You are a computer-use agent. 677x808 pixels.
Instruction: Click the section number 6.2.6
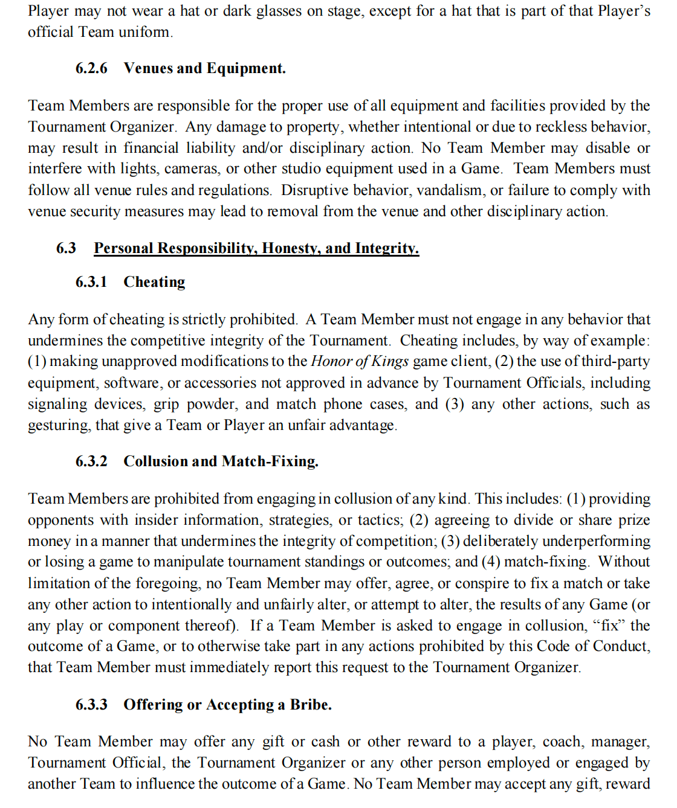(91, 68)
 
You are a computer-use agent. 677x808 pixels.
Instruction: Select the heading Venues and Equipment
(204, 68)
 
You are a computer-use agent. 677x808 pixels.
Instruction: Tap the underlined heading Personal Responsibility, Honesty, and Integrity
(256, 248)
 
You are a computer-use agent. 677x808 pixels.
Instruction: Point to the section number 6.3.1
(91, 282)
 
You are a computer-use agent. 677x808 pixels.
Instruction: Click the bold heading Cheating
(154, 282)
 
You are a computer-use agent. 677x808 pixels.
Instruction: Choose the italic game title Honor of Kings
(360, 361)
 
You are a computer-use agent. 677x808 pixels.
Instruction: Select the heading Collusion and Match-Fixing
(221, 461)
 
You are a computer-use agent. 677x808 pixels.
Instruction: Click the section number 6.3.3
(91, 705)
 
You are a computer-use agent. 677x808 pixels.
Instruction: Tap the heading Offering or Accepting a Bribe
(227, 705)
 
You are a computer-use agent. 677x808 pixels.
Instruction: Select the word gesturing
(59, 426)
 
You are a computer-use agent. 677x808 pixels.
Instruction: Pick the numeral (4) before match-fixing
(491, 562)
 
